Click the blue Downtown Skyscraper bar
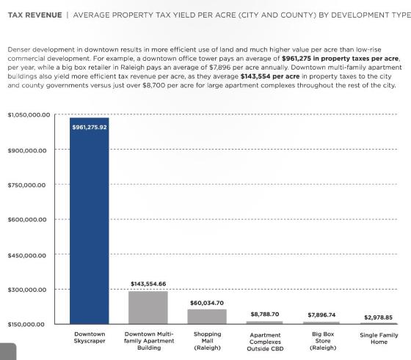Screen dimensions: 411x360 pyautogui.click(x=89, y=221)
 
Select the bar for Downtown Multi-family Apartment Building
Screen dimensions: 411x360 pyautogui.click(x=148, y=308)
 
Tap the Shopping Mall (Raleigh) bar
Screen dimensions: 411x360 pyautogui.click(x=207, y=317)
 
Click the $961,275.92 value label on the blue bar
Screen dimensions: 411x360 pyautogui.click(x=90, y=128)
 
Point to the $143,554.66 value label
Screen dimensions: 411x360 pyautogui.click(x=148, y=284)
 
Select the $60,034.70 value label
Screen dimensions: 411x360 pyautogui.click(x=207, y=303)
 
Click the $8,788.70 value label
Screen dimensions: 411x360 pyautogui.click(x=265, y=315)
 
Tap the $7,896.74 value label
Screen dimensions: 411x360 pyautogui.click(x=321, y=315)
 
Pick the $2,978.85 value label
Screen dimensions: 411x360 pyautogui.click(x=378, y=317)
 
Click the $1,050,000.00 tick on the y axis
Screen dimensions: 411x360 pyautogui.click(x=29, y=115)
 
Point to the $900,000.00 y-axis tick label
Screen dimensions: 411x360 pyautogui.click(x=27, y=150)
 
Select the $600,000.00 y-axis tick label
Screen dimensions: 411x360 pyautogui.click(x=27, y=220)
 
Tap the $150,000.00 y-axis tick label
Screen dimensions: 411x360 pyautogui.click(x=26, y=324)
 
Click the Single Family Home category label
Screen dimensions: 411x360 pyautogui.click(x=379, y=339)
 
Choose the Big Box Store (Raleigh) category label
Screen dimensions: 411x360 pyautogui.click(x=323, y=341)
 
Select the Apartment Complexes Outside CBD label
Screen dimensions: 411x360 pyautogui.click(x=265, y=342)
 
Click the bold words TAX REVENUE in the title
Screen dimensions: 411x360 pyautogui.click(x=35, y=15)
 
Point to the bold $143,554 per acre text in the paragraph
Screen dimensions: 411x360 pyautogui.click(x=270, y=76)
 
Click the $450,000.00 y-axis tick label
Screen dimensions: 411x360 pyautogui.click(x=26, y=256)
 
